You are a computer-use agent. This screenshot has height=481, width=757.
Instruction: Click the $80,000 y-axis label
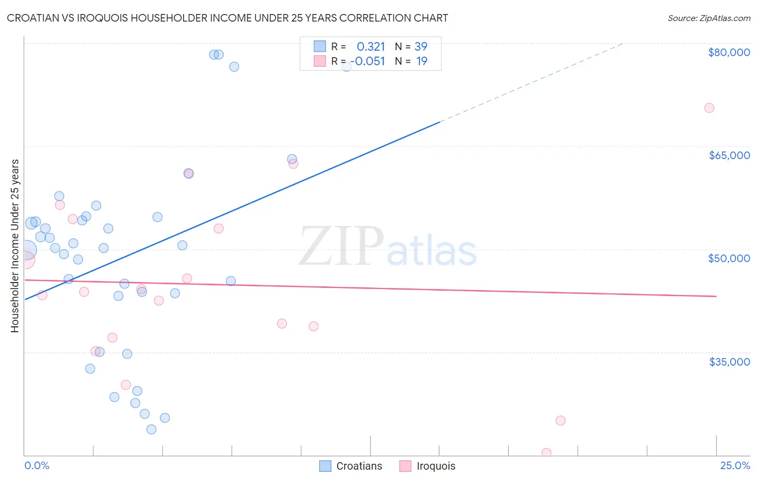tap(728, 52)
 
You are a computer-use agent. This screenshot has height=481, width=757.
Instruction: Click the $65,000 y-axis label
tap(729, 155)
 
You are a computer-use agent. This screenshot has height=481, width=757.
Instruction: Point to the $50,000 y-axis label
tap(728, 258)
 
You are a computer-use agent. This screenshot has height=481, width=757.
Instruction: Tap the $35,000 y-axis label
tap(729, 362)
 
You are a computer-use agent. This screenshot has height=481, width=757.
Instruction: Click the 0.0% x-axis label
tap(37, 465)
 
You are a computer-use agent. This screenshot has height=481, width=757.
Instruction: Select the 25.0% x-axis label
tap(735, 465)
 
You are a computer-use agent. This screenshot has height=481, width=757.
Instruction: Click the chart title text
tap(227, 18)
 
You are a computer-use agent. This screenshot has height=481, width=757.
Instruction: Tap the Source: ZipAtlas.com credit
tap(709, 18)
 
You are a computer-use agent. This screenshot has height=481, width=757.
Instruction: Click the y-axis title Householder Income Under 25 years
tap(15, 245)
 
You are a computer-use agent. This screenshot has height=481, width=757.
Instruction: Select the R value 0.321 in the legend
tap(370, 46)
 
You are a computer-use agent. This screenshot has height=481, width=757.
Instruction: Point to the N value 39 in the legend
tap(420, 46)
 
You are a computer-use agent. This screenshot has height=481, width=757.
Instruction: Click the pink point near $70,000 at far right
tap(709, 108)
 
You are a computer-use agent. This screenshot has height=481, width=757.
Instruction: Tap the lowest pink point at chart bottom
tap(546, 453)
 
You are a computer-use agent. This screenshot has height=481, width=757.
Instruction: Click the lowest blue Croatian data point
tap(151, 429)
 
